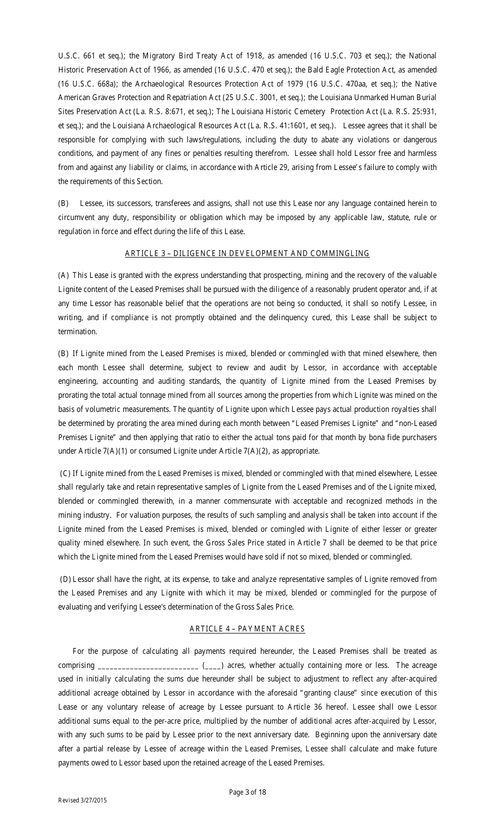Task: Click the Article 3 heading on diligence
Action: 247,253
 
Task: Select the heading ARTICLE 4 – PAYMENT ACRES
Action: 247,629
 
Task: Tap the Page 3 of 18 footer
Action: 247,792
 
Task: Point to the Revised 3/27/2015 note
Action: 82,800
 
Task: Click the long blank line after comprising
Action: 147,666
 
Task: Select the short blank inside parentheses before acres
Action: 213,666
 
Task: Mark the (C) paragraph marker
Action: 65,473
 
